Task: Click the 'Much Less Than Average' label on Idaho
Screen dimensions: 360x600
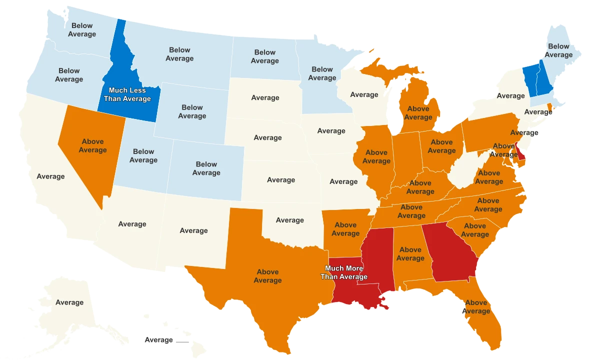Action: [x=127, y=94]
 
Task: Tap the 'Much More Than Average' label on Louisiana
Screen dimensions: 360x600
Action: [x=344, y=272]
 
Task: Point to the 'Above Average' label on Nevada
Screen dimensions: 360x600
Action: [x=92, y=145]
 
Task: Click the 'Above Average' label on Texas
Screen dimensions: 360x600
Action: [x=267, y=276]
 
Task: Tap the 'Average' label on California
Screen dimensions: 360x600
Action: [x=50, y=176]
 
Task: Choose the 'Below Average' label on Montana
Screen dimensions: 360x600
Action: [x=179, y=54]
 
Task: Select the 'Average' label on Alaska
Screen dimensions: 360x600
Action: [x=69, y=302]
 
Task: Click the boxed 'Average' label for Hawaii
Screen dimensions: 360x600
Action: [x=158, y=340]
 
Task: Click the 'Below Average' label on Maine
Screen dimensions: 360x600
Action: [x=558, y=50]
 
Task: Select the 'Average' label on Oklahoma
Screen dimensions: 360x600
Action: [x=289, y=220]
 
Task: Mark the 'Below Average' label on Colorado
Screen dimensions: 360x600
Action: [x=206, y=168]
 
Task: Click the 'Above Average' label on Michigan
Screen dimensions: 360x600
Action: [x=418, y=113]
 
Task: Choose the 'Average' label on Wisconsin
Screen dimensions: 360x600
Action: [x=364, y=94]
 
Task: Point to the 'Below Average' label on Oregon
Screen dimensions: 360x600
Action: [x=69, y=75]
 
